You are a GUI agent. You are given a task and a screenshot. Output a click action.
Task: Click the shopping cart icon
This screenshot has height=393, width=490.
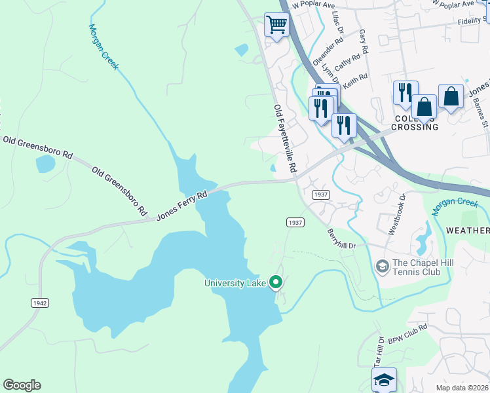[x=276, y=26]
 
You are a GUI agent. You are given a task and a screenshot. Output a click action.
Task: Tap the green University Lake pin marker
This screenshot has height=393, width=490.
[x=276, y=283]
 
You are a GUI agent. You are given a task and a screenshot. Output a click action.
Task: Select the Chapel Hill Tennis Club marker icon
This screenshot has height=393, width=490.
[x=382, y=266]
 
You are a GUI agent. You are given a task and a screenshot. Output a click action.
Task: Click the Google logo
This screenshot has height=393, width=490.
[x=22, y=385]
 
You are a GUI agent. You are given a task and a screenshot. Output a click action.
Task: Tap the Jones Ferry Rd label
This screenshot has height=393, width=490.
[x=182, y=206]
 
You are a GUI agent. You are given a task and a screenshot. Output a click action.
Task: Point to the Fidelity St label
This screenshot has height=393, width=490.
[x=466, y=20]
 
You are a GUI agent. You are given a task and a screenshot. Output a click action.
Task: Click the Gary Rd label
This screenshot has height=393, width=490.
[x=364, y=43]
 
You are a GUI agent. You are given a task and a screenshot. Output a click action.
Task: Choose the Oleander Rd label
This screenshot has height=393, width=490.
[x=328, y=49]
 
